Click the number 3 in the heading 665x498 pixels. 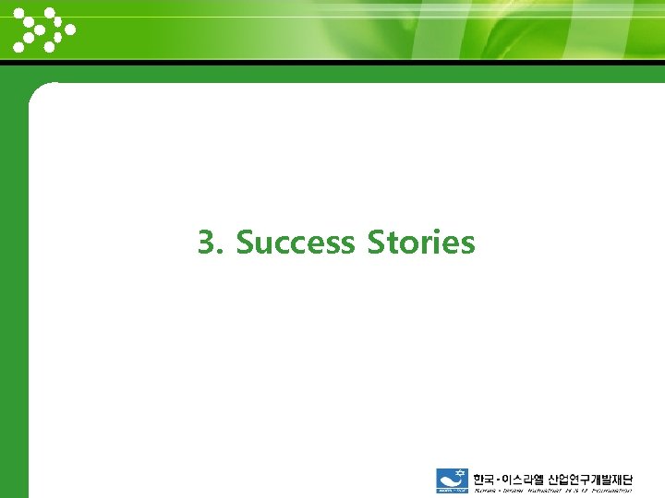(208, 243)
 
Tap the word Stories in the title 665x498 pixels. (421, 243)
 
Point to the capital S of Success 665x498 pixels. (245, 243)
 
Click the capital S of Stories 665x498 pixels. (376, 243)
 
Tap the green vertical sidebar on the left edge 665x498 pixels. (13, 277)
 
